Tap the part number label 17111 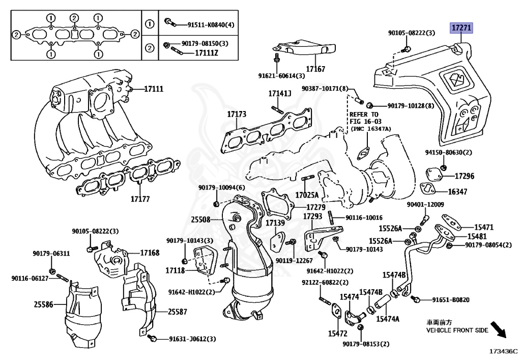tap(153, 89)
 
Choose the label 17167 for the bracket tap(315, 69)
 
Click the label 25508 tap(200, 220)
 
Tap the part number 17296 tap(464, 176)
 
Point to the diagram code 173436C tap(503, 351)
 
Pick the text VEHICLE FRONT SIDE tap(457, 330)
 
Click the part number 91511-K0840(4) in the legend tap(197, 24)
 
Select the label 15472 tap(337, 334)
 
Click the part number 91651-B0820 tap(451, 300)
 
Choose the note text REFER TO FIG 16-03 tap(364, 119)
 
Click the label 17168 tap(150, 253)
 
